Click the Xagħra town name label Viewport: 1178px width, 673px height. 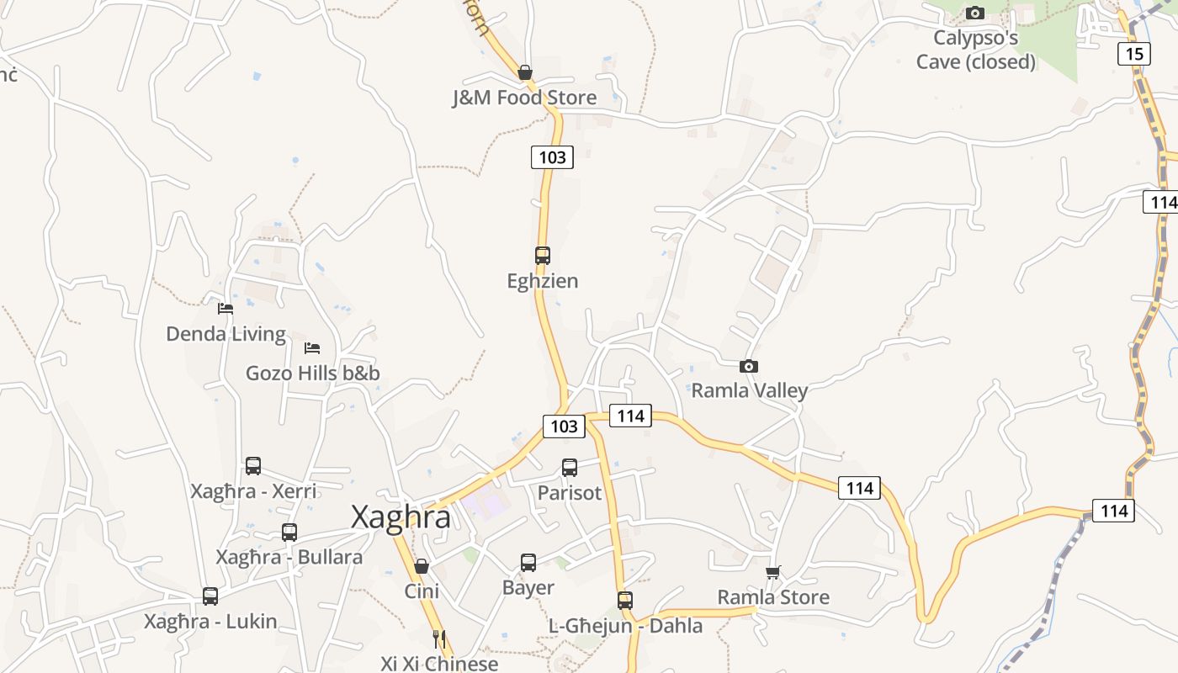point(401,517)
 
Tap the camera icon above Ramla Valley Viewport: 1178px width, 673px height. point(748,366)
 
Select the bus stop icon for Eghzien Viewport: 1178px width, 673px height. point(543,255)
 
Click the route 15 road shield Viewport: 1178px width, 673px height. point(1134,54)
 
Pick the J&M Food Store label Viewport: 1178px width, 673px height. point(524,98)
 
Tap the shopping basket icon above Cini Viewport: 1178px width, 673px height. point(422,566)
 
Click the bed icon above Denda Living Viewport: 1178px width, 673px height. point(225,309)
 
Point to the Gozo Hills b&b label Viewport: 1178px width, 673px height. point(313,373)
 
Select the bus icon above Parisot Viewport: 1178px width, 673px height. point(570,468)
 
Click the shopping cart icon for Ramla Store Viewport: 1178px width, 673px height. point(773,573)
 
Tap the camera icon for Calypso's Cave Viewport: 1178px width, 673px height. point(975,13)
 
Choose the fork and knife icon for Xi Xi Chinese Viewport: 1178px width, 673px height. point(438,639)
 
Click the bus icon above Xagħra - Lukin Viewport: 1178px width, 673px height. point(210,596)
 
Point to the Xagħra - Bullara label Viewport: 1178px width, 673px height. point(289,557)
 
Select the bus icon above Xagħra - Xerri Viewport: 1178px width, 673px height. point(253,465)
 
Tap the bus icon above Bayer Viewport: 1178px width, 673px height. point(528,562)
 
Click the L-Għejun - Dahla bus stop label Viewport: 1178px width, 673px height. point(625,626)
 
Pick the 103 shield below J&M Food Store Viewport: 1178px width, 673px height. point(552,156)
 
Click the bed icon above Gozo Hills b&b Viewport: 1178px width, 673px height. point(312,347)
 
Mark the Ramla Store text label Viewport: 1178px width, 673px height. point(773,597)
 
